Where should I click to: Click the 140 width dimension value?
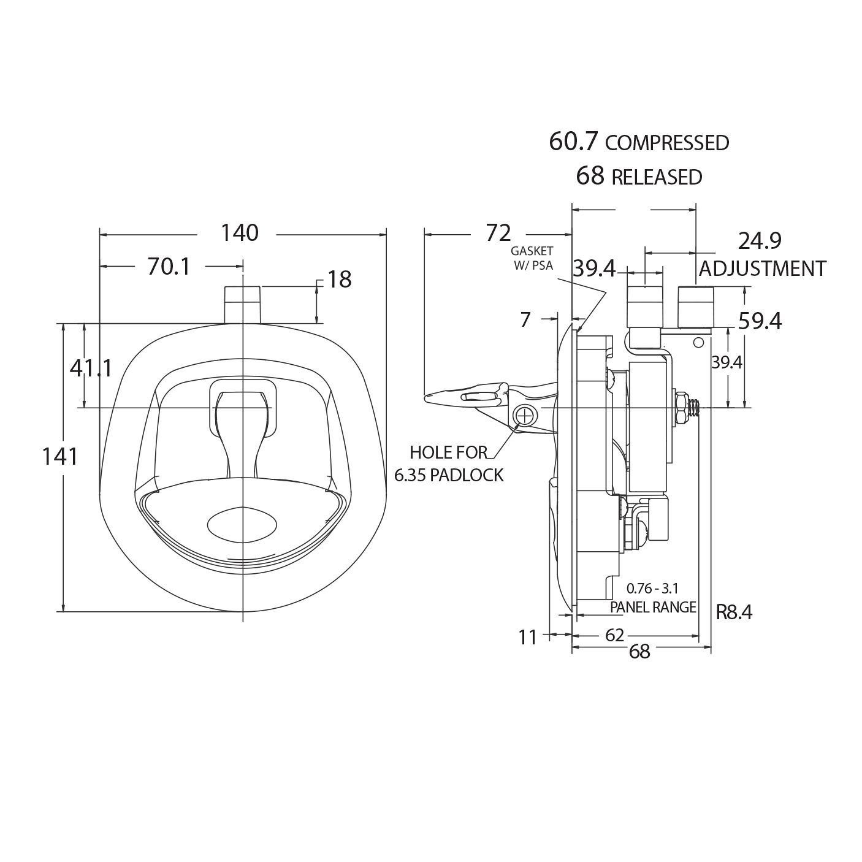pyautogui.click(x=240, y=233)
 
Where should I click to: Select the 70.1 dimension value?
pyautogui.click(x=169, y=267)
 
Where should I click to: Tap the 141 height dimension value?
pyautogui.click(x=60, y=457)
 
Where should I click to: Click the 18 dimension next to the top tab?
pyautogui.click(x=340, y=280)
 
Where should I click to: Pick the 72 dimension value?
pyautogui.click(x=498, y=233)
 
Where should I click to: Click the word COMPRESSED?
pyautogui.click(x=667, y=143)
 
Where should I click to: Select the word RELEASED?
pyautogui.click(x=657, y=177)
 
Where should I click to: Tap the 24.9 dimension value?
pyautogui.click(x=760, y=241)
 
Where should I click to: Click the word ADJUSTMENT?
pyautogui.click(x=762, y=269)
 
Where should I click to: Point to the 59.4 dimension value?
pyautogui.click(x=760, y=321)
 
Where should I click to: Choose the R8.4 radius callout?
pyautogui.click(x=734, y=612)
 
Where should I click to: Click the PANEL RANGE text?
pyautogui.click(x=653, y=607)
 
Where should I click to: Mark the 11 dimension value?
pyautogui.click(x=527, y=637)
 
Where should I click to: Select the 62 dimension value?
pyautogui.click(x=614, y=635)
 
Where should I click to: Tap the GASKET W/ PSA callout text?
pyautogui.click(x=532, y=258)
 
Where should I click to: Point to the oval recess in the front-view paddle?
pyautogui.click(x=242, y=524)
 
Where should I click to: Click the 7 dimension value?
pyautogui.click(x=525, y=320)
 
